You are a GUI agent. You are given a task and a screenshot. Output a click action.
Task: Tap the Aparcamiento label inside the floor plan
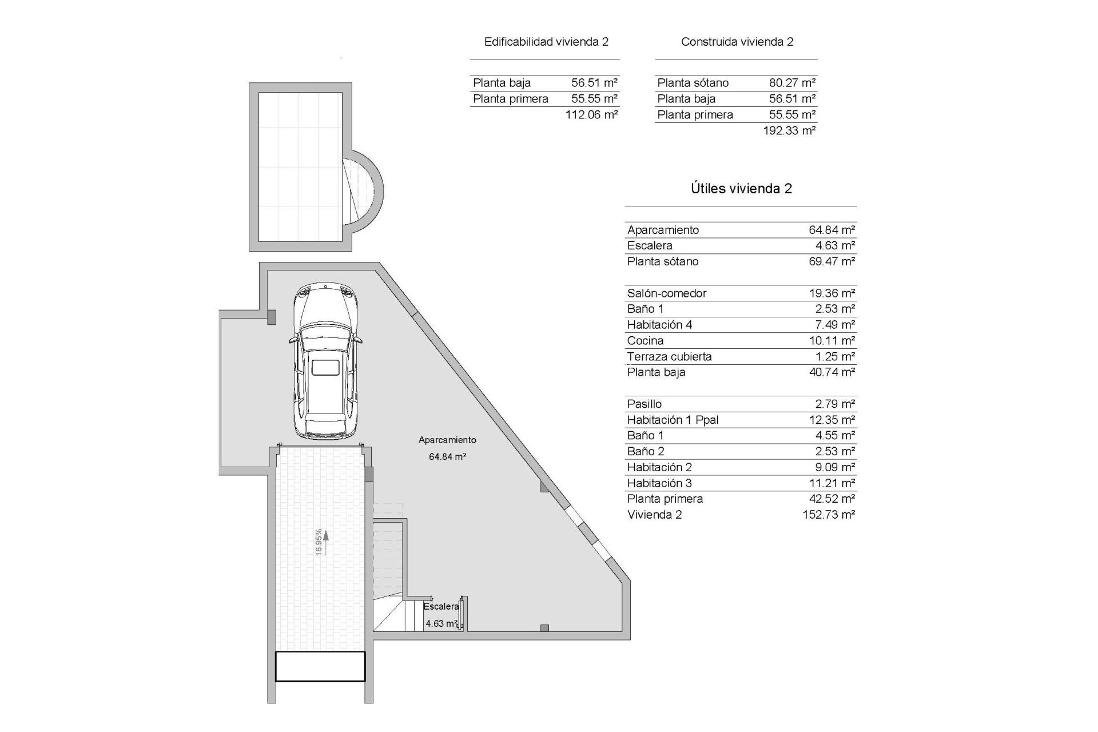[447, 440]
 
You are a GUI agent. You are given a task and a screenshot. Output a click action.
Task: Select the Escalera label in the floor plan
[441, 606]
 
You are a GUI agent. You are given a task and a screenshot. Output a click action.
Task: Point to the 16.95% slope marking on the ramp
[319, 541]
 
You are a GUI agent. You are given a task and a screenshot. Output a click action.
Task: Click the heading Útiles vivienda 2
[741, 189]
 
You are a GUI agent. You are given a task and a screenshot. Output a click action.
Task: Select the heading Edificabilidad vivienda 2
[546, 42]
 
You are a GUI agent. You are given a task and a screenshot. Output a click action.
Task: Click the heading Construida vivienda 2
[737, 42]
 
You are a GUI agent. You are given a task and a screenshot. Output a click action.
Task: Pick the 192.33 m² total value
[789, 130]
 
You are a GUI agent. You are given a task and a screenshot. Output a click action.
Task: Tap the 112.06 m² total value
[591, 114]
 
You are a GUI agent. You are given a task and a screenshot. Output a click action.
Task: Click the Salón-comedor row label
[666, 293]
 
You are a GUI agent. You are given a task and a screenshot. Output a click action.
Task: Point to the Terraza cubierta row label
[669, 357]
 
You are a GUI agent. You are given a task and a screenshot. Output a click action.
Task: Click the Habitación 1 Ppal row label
[673, 420]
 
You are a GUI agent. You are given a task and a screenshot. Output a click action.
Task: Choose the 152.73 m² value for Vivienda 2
[829, 515]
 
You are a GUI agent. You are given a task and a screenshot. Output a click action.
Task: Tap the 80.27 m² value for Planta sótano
[792, 83]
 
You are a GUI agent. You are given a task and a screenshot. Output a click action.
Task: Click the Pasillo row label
[644, 404]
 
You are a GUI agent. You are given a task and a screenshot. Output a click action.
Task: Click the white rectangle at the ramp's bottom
[320, 667]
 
